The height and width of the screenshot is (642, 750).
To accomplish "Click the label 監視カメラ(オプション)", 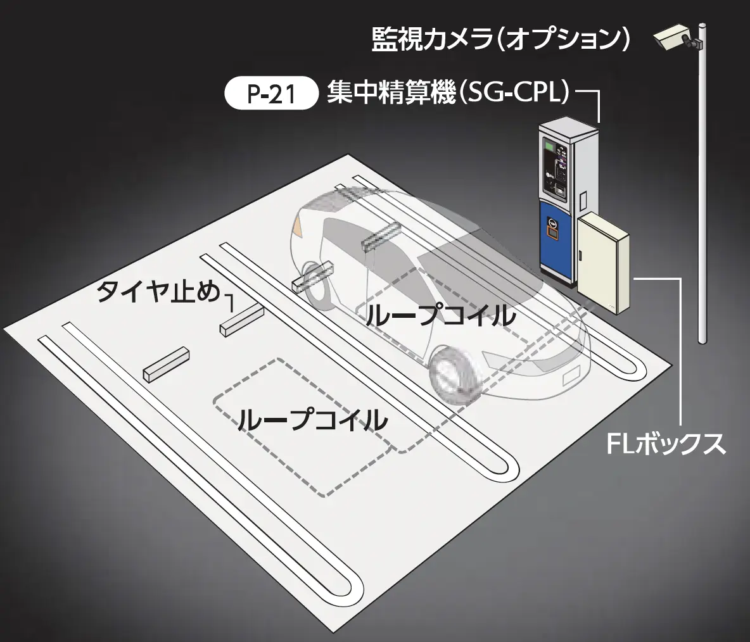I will [500, 40].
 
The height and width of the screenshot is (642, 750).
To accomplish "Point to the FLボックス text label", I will [665, 444].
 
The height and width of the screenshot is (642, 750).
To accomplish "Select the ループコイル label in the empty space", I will [312, 419].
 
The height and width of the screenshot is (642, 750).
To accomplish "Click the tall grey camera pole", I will [701, 190].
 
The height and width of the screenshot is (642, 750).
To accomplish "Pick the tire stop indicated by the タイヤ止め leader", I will [241, 320].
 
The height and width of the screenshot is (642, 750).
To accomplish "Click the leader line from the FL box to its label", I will [681, 355].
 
